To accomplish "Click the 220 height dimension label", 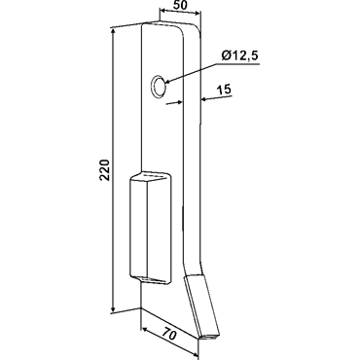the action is point(105,169).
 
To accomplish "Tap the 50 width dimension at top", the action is point(179,6).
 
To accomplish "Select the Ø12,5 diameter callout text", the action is point(239,56).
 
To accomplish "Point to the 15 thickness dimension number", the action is point(225,90).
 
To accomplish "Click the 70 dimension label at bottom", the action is point(169,334).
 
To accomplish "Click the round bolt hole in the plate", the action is point(159,87).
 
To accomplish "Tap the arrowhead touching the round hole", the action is point(168,82).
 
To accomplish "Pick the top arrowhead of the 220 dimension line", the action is point(113,31).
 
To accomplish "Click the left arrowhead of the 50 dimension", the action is point(163,11).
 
